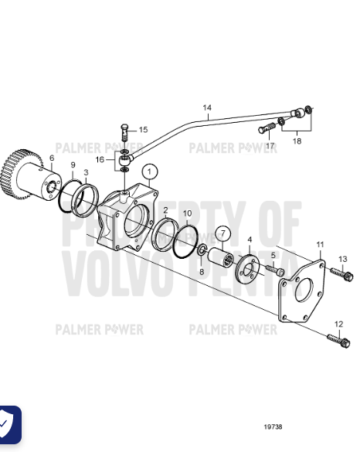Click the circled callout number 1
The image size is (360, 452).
(150, 172)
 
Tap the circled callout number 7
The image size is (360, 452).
(222, 233)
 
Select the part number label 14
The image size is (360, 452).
(207, 108)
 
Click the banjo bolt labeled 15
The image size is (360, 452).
(124, 132)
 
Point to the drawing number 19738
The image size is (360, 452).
(273, 427)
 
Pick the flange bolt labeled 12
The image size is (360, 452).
(339, 341)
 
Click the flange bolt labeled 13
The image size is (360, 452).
(342, 274)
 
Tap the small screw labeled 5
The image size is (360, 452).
(275, 270)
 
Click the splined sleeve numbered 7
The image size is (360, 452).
(220, 257)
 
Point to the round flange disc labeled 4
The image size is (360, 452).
(247, 269)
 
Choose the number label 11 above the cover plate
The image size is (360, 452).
(321, 244)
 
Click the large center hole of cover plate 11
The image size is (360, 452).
(304, 290)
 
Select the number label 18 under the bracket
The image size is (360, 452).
(297, 141)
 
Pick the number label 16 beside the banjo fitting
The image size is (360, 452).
(100, 159)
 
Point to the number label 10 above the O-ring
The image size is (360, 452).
(188, 213)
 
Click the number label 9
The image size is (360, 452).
(73, 165)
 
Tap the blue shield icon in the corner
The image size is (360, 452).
(8, 424)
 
